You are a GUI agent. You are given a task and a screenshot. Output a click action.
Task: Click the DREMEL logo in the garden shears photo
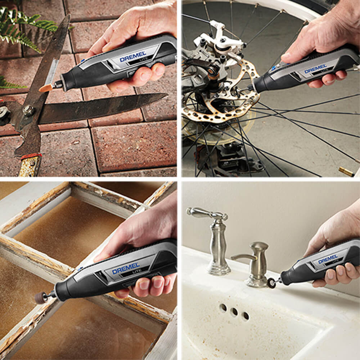click(x=133, y=57)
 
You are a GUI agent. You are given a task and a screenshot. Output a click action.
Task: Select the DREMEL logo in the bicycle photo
click(x=315, y=69)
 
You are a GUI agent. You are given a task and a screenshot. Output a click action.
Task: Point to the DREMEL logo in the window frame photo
click(x=126, y=269)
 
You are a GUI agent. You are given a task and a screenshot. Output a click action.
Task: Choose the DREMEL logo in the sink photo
click(x=328, y=259)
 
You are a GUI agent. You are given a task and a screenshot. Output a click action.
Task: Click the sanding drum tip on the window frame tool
click(x=41, y=298)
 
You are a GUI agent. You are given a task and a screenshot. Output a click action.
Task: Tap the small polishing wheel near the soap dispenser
click(x=271, y=283)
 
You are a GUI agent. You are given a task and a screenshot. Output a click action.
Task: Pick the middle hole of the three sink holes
click(x=234, y=312)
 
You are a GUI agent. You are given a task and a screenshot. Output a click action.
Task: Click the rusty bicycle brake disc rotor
click(x=220, y=92)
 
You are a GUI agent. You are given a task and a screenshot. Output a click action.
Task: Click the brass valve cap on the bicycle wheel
click(x=346, y=171)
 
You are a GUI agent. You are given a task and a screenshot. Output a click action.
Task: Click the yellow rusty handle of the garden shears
click(x=30, y=165)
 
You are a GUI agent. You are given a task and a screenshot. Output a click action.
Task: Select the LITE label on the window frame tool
click(x=135, y=271)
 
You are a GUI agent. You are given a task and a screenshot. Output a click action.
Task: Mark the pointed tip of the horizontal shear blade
click(x=167, y=95)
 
